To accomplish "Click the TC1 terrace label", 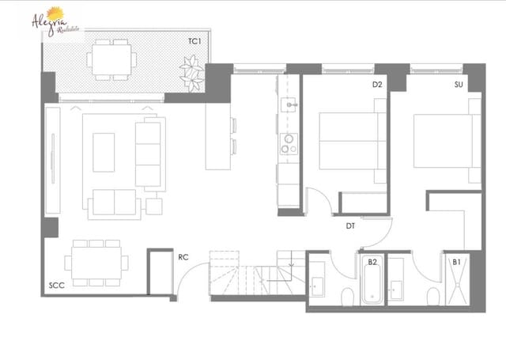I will point(194,40).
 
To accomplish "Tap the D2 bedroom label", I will point(377,85).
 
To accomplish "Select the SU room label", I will point(459,85).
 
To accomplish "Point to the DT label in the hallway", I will point(350,227).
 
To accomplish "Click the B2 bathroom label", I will point(372,261).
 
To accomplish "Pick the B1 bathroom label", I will point(457,261).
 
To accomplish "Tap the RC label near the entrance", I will point(183,256).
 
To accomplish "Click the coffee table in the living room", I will point(104,152).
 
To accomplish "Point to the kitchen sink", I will point(290,103).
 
